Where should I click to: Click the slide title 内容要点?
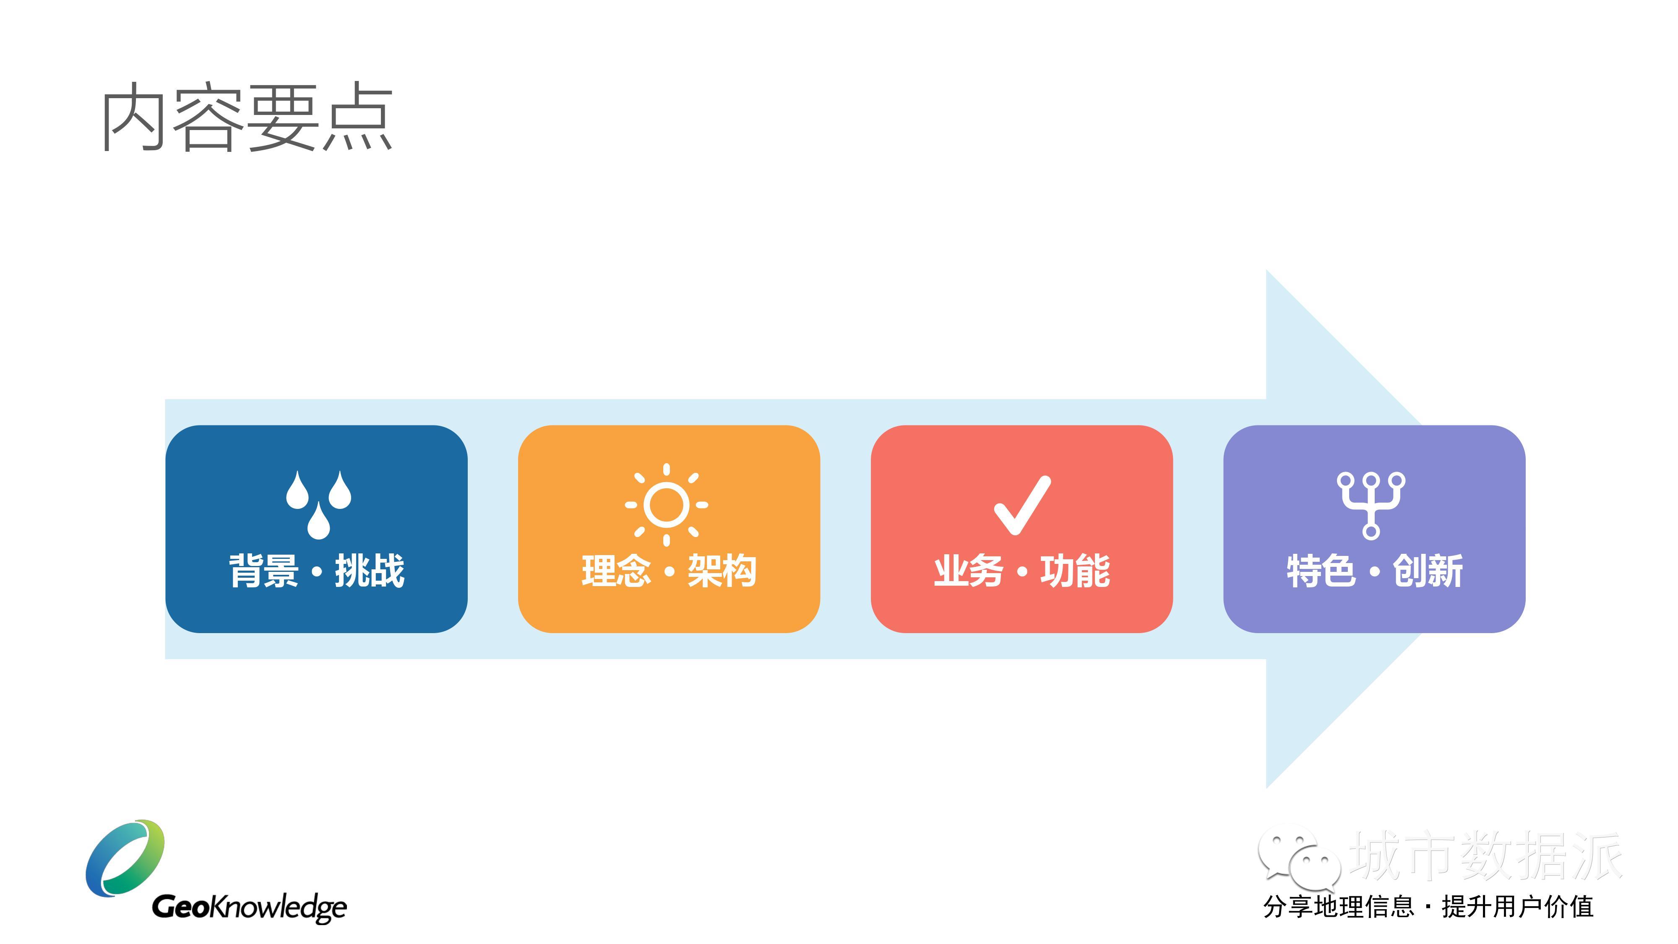coord(248,117)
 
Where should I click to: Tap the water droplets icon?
coord(318,505)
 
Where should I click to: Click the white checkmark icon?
coord(1022,506)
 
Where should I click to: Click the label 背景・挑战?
coord(317,571)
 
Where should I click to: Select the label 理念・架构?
coord(669,571)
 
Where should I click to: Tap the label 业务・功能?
coord(1022,571)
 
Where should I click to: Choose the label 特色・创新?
coord(1374,571)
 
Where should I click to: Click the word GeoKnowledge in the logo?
coord(250,907)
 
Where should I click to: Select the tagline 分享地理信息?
coord(1339,907)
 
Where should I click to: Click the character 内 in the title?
coord(133,117)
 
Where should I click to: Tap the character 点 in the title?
coord(358,117)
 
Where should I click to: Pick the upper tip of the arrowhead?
coord(1267,270)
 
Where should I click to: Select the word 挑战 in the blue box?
coord(369,571)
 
